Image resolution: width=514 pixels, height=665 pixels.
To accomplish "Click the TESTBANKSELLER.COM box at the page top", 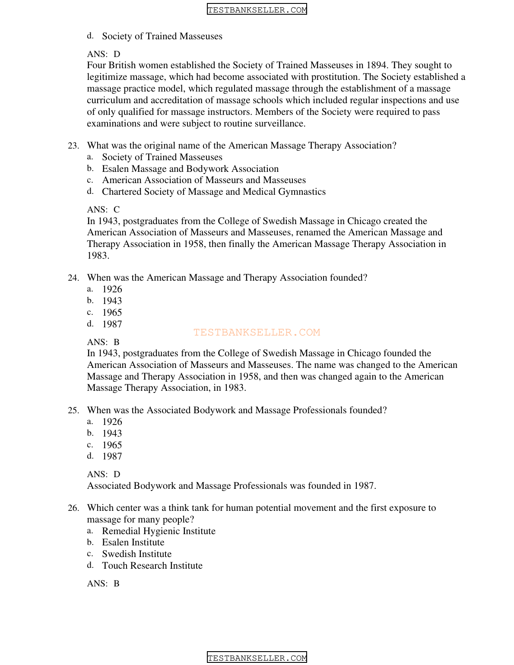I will pyautogui.click(x=257, y=9).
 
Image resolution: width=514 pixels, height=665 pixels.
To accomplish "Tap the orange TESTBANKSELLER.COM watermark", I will pyautogui.click(x=257, y=332).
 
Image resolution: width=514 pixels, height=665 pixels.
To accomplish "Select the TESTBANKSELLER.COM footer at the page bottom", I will pyautogui.click(x=257, y=658).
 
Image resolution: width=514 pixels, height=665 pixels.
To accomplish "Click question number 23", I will pyautogui.click(x=73, y=146).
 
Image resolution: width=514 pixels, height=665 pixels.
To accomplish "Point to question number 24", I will pyautogui.click(x=73, y=278).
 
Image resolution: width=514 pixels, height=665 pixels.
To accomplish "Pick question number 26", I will pyautogui.click(x=73, y=508).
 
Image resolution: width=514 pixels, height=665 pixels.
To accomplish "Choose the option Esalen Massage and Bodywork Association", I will pyautogui.click(x=190, y=169).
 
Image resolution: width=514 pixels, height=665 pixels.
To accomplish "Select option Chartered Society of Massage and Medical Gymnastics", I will pyautogui.click(x=214, y=192).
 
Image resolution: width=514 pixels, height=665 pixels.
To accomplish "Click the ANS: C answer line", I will pyautogui.click(x=103, y=210).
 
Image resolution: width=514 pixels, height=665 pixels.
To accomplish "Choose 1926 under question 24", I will pyautogui.click(x=112, y=290).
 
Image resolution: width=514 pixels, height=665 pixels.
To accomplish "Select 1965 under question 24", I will pyautogui.click(x=112, y=313).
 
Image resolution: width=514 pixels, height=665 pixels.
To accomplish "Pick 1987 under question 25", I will pyautogui.click(x=112, y=456).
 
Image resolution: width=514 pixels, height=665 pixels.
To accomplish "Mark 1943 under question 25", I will pyautogui.click(x=112, y=434).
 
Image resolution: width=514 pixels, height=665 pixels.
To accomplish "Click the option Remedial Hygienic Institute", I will pyautogui.click(x=159, y=531).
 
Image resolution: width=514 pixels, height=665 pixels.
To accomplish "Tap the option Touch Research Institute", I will pyautogui.click(x=152, y=566).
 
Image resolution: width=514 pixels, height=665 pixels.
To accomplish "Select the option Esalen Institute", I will pyautogui.click(x=133, y=543).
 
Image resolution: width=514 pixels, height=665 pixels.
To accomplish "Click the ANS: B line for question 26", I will pyautogui.click(x=103, y=584).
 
